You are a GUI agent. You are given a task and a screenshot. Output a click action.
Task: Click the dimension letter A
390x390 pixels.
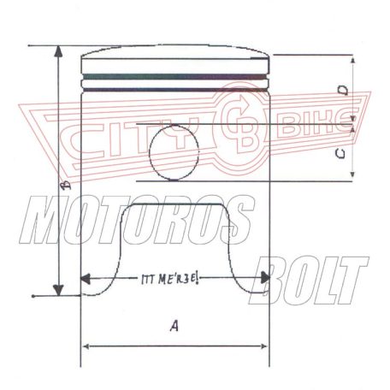click(x=174, y=326)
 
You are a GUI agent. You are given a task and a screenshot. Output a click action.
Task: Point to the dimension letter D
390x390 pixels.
click(x=341, y=91)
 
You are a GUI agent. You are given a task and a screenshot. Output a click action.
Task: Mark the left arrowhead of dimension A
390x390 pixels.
click(x=86, y=346)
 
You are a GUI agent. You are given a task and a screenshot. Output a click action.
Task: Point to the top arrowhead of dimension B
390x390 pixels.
click(x=58, y=50)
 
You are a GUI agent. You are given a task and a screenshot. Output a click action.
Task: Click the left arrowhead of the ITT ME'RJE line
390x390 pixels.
click(x=86, y=279)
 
